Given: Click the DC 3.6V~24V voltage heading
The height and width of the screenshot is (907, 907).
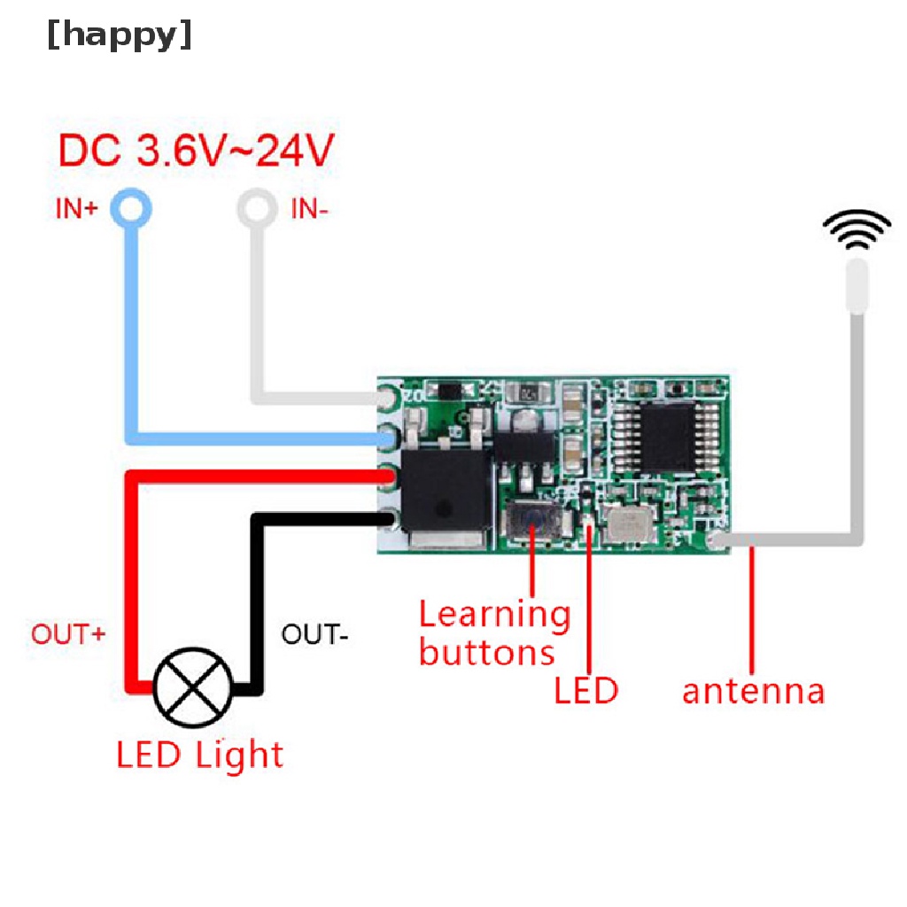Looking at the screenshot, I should pos(196,151).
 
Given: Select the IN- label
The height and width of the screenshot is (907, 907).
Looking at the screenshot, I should pos(310,210).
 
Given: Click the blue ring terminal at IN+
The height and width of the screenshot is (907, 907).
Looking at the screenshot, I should pos(131,209).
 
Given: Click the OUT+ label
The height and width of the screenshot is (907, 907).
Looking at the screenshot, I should pos(68,634).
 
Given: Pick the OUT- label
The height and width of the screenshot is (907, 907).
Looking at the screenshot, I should pos(314,634).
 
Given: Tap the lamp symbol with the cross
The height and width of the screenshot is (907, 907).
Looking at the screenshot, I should pos(194,686).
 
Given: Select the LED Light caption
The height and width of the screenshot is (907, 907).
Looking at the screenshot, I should pos(200,755).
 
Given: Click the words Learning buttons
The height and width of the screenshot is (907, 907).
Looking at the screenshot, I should pos(492,632).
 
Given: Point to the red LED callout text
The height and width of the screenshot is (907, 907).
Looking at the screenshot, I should pos(585,690).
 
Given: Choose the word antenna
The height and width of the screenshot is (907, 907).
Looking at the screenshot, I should pos(753,690).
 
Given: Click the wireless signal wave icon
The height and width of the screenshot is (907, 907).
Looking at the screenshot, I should pos(857,229).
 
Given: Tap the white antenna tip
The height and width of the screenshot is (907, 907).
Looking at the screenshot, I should pos(857,285).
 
